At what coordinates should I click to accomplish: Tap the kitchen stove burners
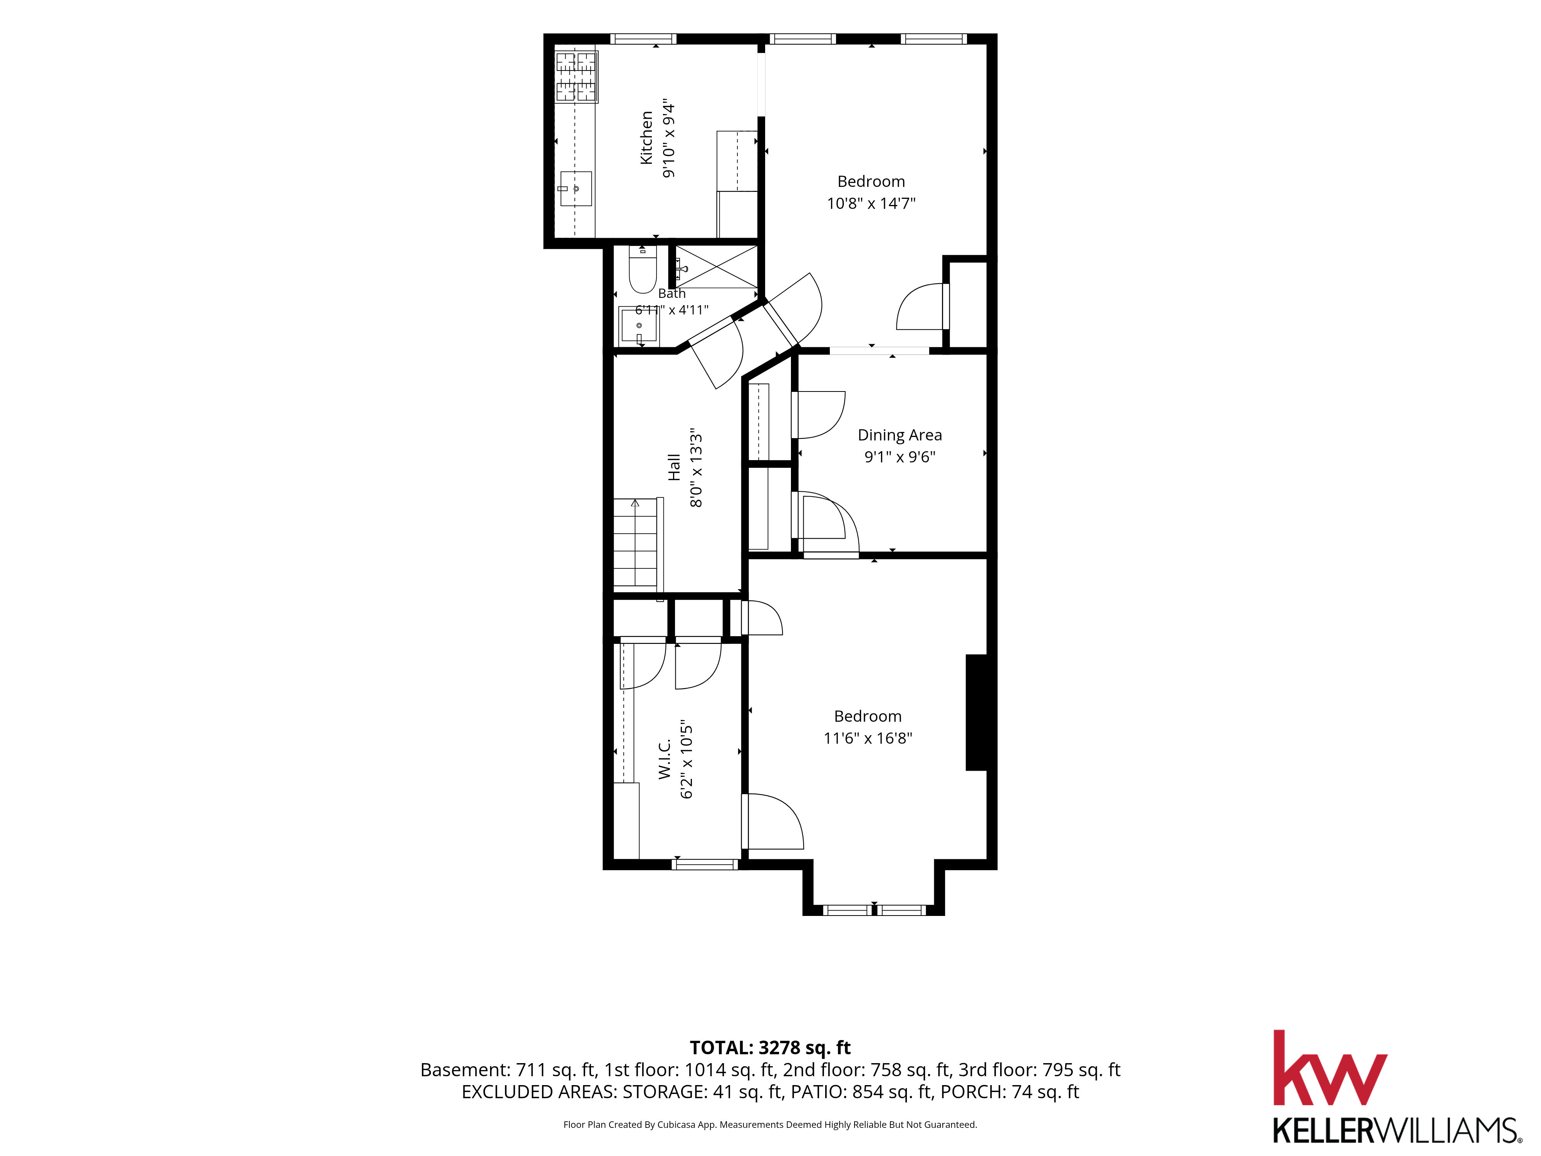pyautogui.click(x=576, y=77)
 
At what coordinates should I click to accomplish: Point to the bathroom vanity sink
pyautogui.click(x=639, y=324)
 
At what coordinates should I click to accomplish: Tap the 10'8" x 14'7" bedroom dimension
pyautogui.click(x=871, y=203)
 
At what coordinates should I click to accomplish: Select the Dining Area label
pyautogui.click(x=900, y=435)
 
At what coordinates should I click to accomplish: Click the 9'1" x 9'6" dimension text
pyautogui.click(x=900, y=457)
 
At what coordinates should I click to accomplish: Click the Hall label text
pyautogui.click(x=674, y=467)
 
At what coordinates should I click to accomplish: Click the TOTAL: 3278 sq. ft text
pyautogui.click(x=770, y=1047)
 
